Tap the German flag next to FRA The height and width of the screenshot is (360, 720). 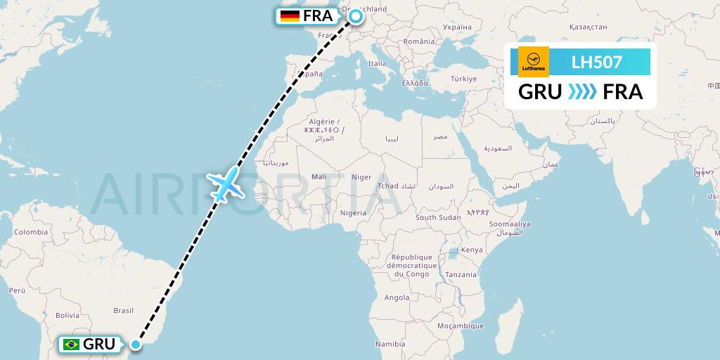click(x=289, y=16)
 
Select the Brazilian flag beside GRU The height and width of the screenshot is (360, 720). click(x=70, y=345)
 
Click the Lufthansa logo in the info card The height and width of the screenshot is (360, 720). click(x=533, y=62)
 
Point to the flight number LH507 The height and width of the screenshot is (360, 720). click(x=596, y=62)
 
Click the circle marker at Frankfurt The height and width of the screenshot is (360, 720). click(x=356, y=16)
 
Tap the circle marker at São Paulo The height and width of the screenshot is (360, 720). click(x=135, y=344)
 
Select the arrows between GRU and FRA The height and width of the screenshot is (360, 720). click(x=581, y=92)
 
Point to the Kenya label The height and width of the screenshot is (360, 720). click(x=472, y=250)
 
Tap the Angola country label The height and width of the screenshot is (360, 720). click(x=397, y=297)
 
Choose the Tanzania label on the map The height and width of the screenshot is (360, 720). click(x=461, y=274)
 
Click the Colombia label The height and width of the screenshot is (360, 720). click(x=30, y=231)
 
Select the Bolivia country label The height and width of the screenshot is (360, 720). click(x=67, y=315)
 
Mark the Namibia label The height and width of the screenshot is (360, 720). click(x=390, y=344)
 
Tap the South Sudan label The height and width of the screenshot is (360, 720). click(x=438, y=217)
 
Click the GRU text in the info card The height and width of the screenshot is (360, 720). click(x=539, y=92)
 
